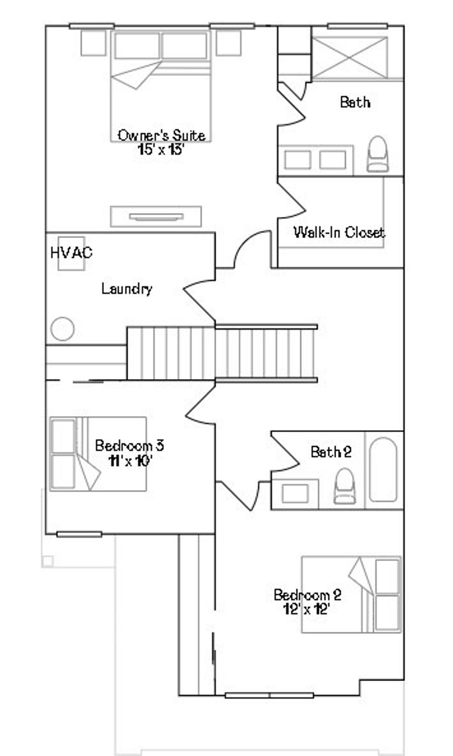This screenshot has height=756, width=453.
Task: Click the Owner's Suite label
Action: tap(161, 135)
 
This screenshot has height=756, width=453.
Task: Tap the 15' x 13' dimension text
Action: tap(160, 150)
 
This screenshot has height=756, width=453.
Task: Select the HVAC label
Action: tap(71, 252)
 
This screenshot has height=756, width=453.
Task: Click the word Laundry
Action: tap(127, 289)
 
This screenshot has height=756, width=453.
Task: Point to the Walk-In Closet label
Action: tap(339, 232)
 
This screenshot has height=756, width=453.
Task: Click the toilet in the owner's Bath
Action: tap(377, 154)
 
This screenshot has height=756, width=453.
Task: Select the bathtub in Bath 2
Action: tap(383, 470)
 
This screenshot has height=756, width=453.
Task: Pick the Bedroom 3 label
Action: tap(129, 445)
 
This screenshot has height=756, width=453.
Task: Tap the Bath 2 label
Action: tap(331, 452)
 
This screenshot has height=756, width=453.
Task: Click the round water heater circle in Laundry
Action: tap(62, 329)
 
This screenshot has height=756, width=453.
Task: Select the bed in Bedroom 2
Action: tap(351, 594)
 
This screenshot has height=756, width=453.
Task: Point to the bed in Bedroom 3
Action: tap(98, 454)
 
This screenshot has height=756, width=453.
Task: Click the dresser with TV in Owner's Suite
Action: tap(156, 216)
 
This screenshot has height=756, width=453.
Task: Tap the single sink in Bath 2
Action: tap(295, 494)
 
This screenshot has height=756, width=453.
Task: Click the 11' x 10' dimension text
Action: tap(131, 461)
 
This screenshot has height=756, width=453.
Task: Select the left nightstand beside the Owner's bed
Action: tap(93, 42)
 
